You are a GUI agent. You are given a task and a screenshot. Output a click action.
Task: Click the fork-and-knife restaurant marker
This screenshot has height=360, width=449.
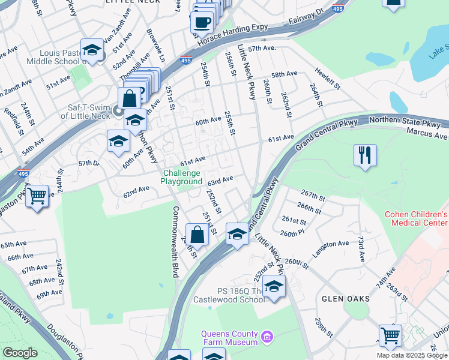click(x=365, y=155)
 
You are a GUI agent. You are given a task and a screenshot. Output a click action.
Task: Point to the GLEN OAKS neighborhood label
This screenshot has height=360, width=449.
click(x=345, y=298)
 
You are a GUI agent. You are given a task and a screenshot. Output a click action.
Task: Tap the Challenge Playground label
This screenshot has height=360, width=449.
click(x=182, y=177)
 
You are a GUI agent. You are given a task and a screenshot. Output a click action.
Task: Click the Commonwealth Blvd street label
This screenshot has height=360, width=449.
click(x=176, y=242)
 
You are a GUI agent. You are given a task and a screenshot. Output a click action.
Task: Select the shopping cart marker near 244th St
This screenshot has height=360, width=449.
click(x=37, y=196)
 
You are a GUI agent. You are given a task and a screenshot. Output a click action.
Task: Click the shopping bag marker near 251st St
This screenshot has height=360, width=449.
click(x=197, y=234)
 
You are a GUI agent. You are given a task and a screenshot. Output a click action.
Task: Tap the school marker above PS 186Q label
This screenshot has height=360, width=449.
click(x=274, y=287)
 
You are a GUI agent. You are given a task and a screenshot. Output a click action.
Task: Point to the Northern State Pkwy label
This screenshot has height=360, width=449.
click(x=409, y=122)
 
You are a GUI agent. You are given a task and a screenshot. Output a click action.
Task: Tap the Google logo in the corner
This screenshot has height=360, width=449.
click(x=20, y=353)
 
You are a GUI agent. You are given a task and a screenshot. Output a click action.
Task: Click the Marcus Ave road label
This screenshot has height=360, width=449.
click(x=427, y=132)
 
